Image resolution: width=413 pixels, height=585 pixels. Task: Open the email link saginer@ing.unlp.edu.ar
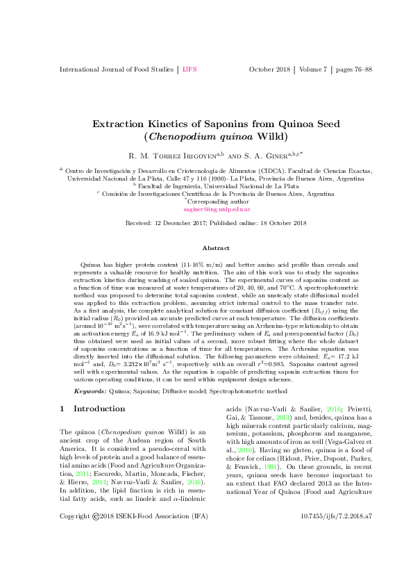coord(207,208)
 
